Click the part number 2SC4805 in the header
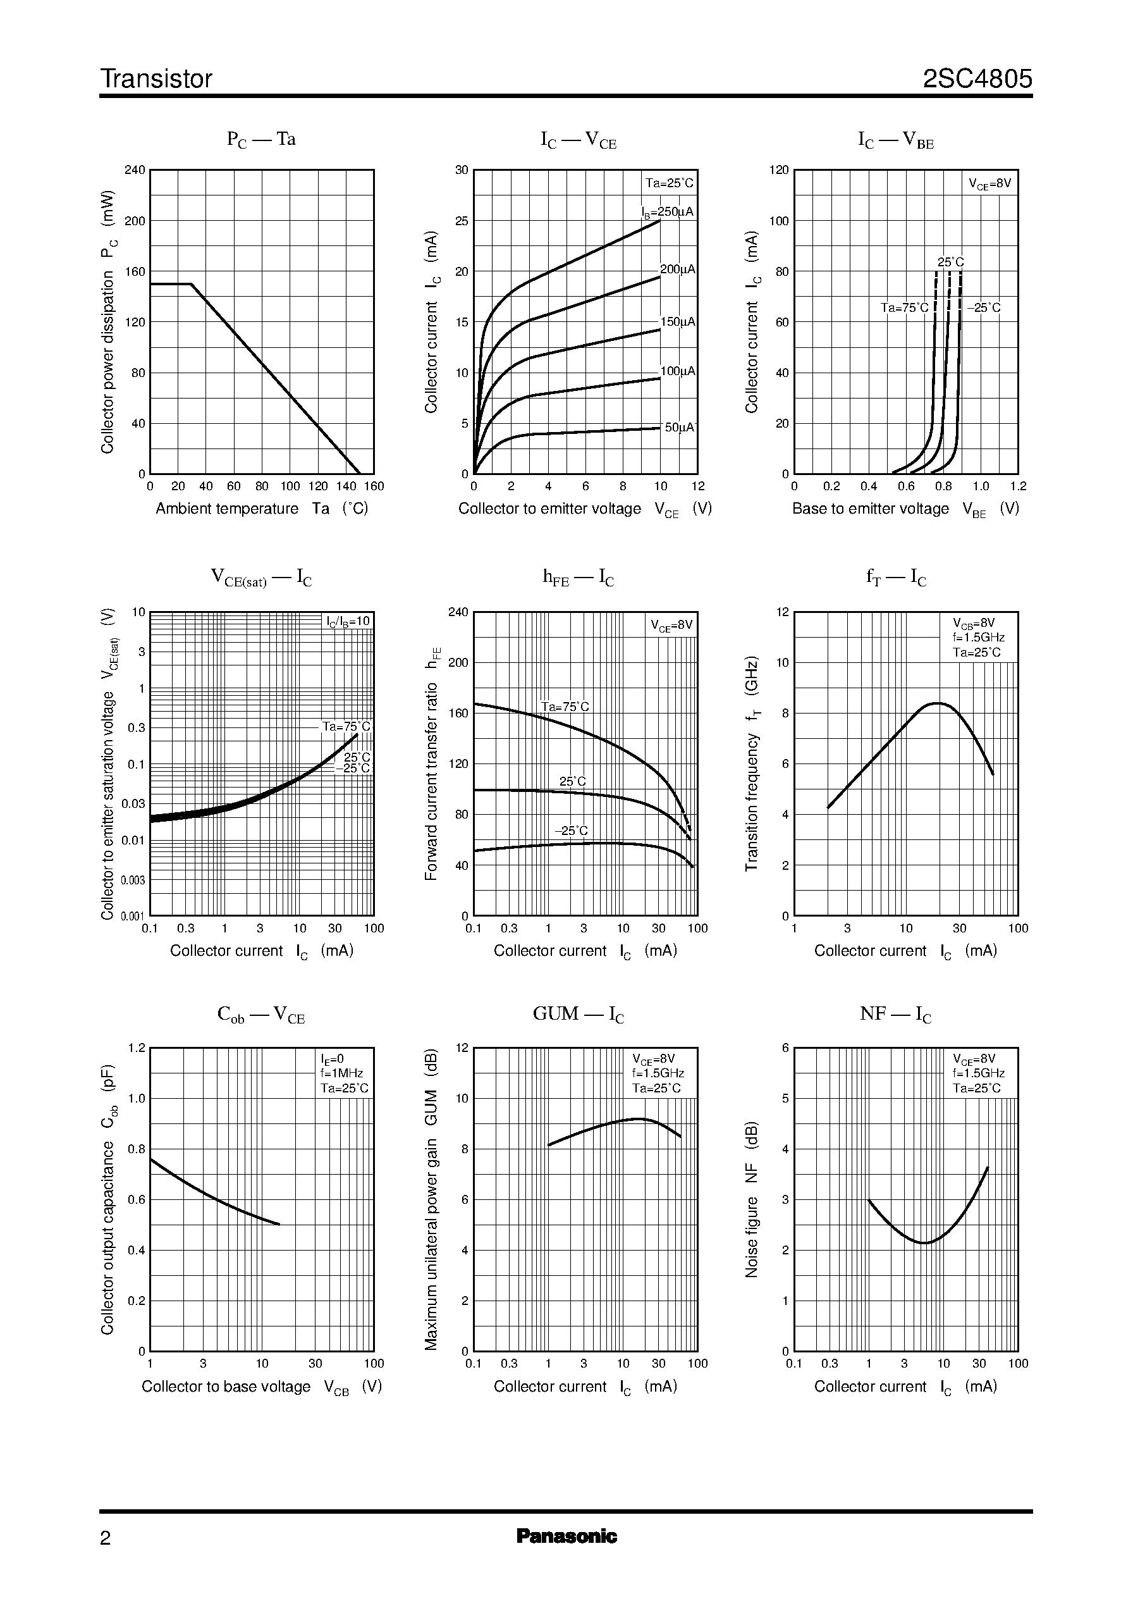click(x=977, y=79)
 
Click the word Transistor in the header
click(x=156, y=79)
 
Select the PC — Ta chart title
click(x=261, y=140)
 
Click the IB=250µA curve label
click(x=668, y=211)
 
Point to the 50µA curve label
click(x=680, y=427)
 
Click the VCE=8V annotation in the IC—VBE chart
click(x=989, y=184)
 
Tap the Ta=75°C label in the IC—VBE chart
click(x=904, y=308)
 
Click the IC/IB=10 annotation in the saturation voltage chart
click(x=348, y=621)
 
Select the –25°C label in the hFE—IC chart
click(x=572, y=831)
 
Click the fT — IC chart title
click(x=896, y=578)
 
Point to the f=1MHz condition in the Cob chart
click(x=342, y=1073)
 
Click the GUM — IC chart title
click(x=579, y=1014)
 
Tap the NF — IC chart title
click(x=896, y=1014)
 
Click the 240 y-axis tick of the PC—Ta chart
click(x=135, y=170)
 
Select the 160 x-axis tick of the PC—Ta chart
click(x=374, y=486)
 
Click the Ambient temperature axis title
click(x=262, y=509)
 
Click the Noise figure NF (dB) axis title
click(x=751, y=1200)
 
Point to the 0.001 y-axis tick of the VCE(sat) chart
click(x=133, y=917)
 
